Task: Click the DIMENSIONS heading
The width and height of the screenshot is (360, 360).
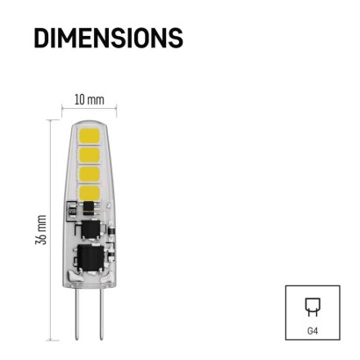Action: click(x=108, y=37)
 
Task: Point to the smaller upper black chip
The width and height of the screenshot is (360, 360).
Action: click(x=88, y=227)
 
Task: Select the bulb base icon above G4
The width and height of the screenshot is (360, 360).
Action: click(x=312, y=307)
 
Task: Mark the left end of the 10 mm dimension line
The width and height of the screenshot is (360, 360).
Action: click(x=62, y=111)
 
